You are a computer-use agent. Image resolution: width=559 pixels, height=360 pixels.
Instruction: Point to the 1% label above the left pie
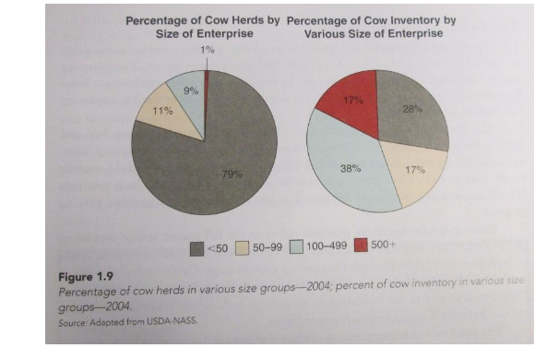tap(208, 49)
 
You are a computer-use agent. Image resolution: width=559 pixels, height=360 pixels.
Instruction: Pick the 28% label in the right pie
tap(411, 109)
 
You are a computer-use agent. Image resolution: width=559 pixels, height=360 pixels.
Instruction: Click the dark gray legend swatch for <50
tap(196, 246)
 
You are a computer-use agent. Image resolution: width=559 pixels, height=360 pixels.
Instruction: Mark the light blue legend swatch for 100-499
tap(297, 246)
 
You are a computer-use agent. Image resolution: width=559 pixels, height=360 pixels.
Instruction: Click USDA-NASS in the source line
tap(175, 319)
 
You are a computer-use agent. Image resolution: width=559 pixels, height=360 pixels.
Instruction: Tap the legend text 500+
tap(383, 246)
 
